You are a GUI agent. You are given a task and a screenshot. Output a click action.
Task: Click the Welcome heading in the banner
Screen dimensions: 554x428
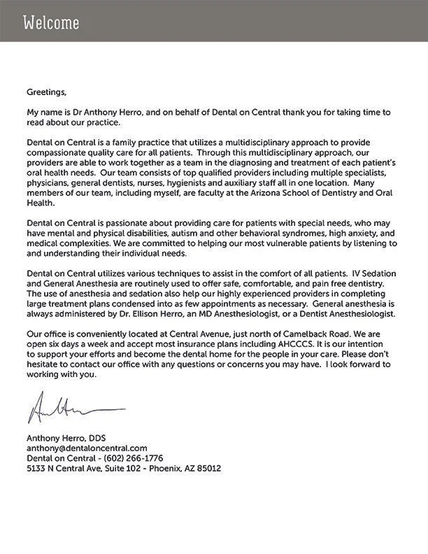point(51,23)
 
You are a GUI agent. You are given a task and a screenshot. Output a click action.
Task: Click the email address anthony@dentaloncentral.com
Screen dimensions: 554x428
point(87,448)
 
